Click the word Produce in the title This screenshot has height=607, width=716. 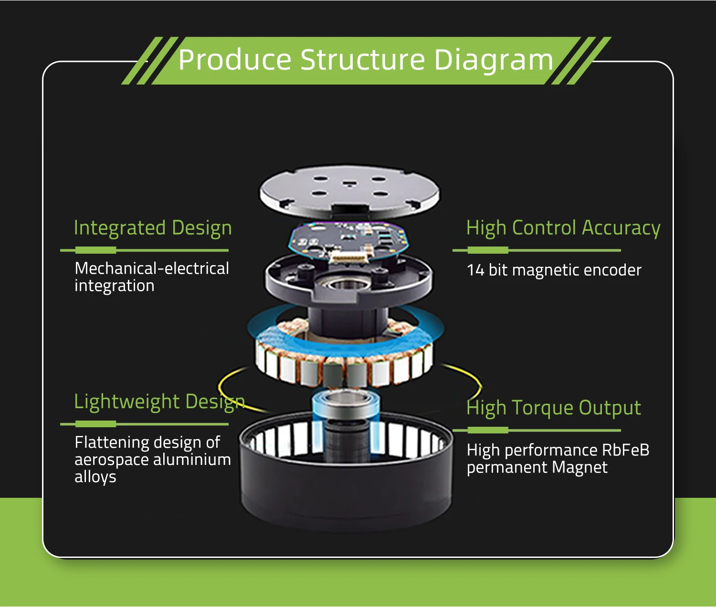(x=234, y=60)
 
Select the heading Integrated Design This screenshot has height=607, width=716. (x=153, y=228)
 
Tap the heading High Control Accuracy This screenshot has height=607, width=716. (x=563, y=228)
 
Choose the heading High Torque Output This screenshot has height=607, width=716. (x=554, y=408)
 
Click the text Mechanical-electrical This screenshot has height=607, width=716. (x=152, y=268)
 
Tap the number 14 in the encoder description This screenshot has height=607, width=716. (x=475, y=270)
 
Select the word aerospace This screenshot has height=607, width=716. (x=111, y=460)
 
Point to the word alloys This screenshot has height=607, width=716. (x=95, y=477)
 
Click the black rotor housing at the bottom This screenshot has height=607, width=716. (x=346, y=491)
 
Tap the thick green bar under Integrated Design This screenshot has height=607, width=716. (x=95, y=250)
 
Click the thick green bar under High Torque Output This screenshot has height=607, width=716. (x=488, y=430)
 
